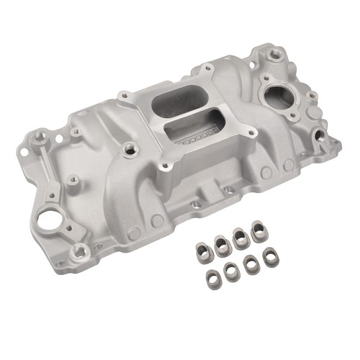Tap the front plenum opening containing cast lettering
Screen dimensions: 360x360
coord(189,134)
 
